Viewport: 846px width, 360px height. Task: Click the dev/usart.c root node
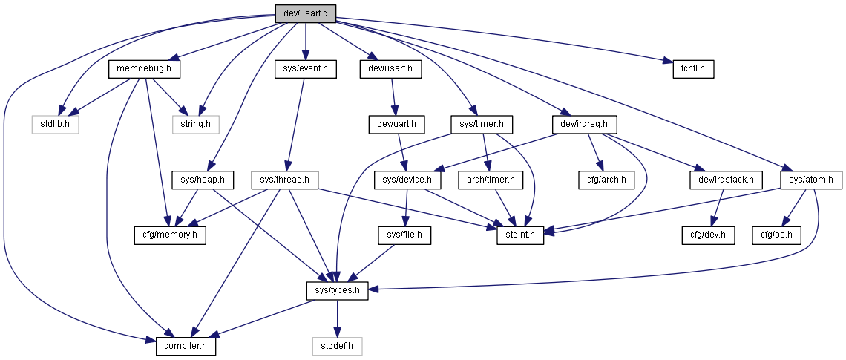point(306,13)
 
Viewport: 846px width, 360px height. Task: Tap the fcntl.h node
point(693,69)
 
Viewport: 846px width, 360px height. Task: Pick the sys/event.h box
point(306,69)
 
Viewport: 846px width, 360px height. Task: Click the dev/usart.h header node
point(390,69)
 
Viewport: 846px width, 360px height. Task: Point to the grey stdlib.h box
point(54,125)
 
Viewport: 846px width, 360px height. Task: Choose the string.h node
point(196,125)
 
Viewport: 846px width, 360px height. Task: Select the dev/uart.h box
point(396,125)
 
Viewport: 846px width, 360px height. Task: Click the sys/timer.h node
point(482,125)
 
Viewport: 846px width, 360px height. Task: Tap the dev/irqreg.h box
point(585,125)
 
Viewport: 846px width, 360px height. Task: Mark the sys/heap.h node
point(203,180)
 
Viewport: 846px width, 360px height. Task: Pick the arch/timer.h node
point(491,180)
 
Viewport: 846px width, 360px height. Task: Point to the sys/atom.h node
point(811,180)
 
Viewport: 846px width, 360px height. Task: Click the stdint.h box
point(520,235)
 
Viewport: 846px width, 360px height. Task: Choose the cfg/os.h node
point(777,235)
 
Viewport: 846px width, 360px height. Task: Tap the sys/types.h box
point(337,292)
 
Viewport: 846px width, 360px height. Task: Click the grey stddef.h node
point(337,347)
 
